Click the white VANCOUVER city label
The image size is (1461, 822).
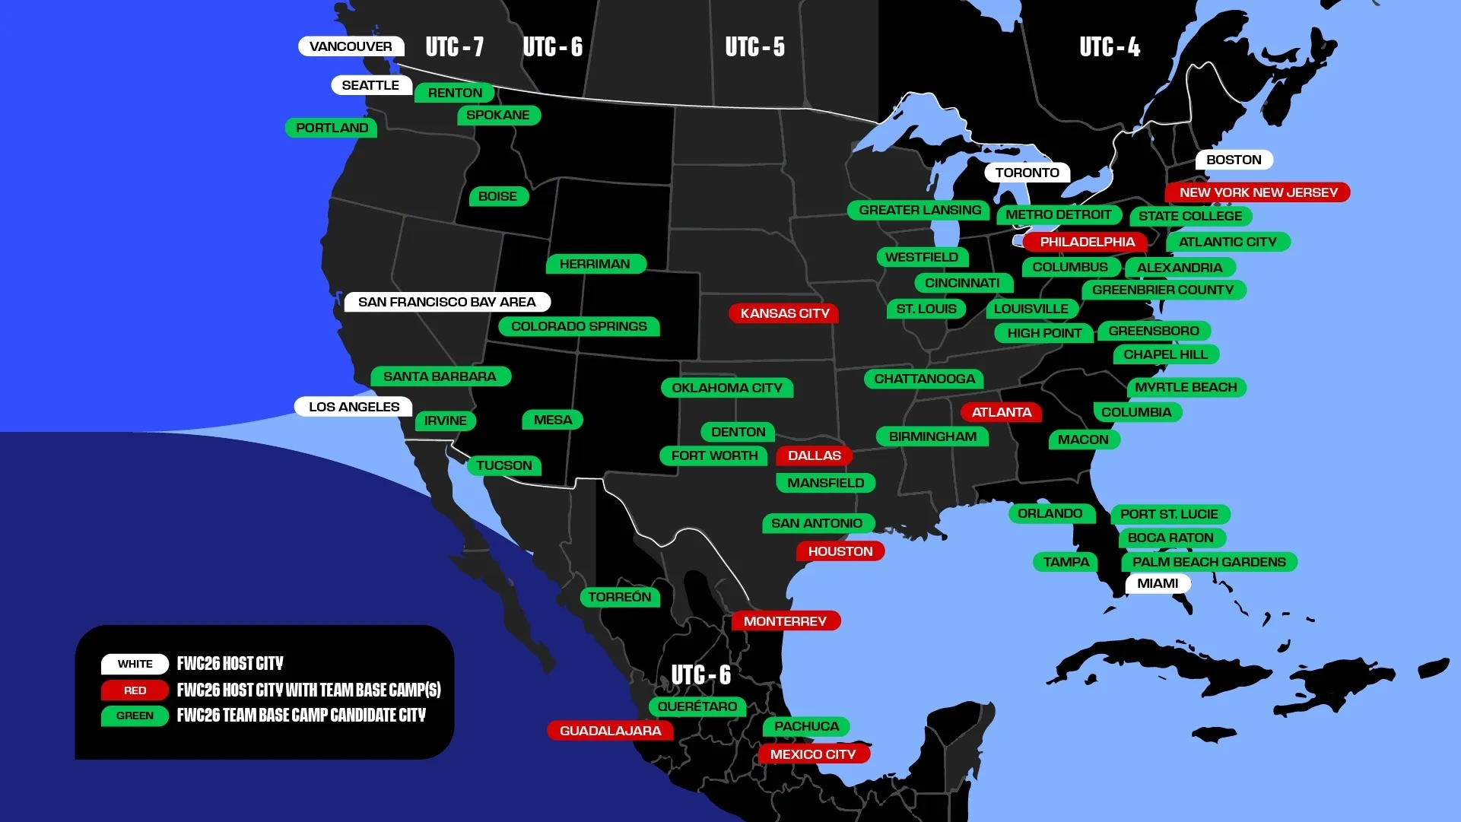[x=351, y=46]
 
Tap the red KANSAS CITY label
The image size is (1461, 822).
[x=784, y=313]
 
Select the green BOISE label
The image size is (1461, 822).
[x=497, y=196]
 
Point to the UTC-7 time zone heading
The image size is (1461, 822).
[x=454, y=47]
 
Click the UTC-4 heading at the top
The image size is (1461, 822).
[x=1109, y=47]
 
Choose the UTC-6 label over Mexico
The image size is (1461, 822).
[x=700, y=675]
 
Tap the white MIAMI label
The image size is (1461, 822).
[x=1157, y=583]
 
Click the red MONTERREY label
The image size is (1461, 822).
[x=785, y=621]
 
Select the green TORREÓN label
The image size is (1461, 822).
[x=619, y=597]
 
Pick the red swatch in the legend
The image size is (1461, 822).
[x=135, y=690]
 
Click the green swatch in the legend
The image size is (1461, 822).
[x=135, y=716]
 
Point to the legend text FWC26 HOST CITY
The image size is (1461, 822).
[x=230, y=664]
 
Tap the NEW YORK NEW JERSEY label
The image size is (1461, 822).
[x=1258, y=192]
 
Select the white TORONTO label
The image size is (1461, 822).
[x=1027, y=173]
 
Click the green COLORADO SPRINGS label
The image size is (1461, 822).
[x=579, y=326]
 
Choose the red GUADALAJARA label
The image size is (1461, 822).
[x=610, y=731]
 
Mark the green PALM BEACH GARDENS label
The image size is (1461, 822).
[x=1209, y=562]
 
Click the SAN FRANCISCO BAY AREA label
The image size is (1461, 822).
[x=446, y=302]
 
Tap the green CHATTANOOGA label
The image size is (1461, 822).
[x=924, y=379]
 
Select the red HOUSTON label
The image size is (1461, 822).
[x=840, y=551]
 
